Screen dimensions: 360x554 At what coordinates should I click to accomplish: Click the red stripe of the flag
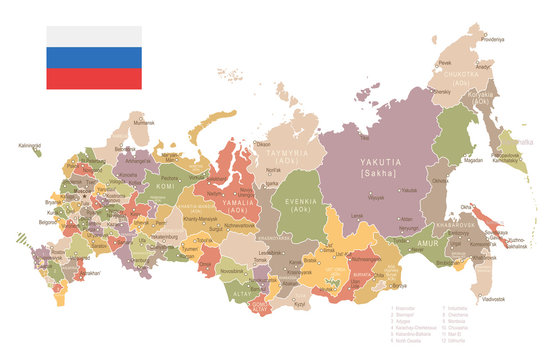pyautogui.click(x=93, y=78)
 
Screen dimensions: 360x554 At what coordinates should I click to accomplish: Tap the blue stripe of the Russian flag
pyautogui.click(x=93, y=56)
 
